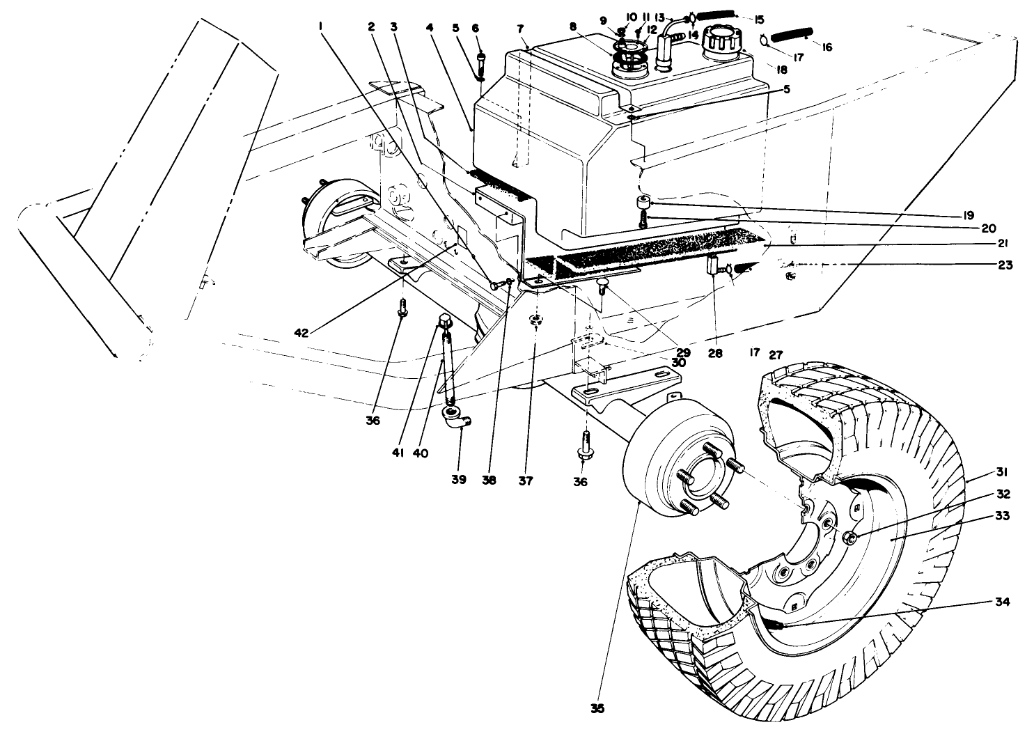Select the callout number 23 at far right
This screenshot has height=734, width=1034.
1005,265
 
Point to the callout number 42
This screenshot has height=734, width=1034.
301,333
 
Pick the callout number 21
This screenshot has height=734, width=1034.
1002,243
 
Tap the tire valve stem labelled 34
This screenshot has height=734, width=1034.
779,625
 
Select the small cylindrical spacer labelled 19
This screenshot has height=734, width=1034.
641,203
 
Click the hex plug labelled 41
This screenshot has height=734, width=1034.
443,322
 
